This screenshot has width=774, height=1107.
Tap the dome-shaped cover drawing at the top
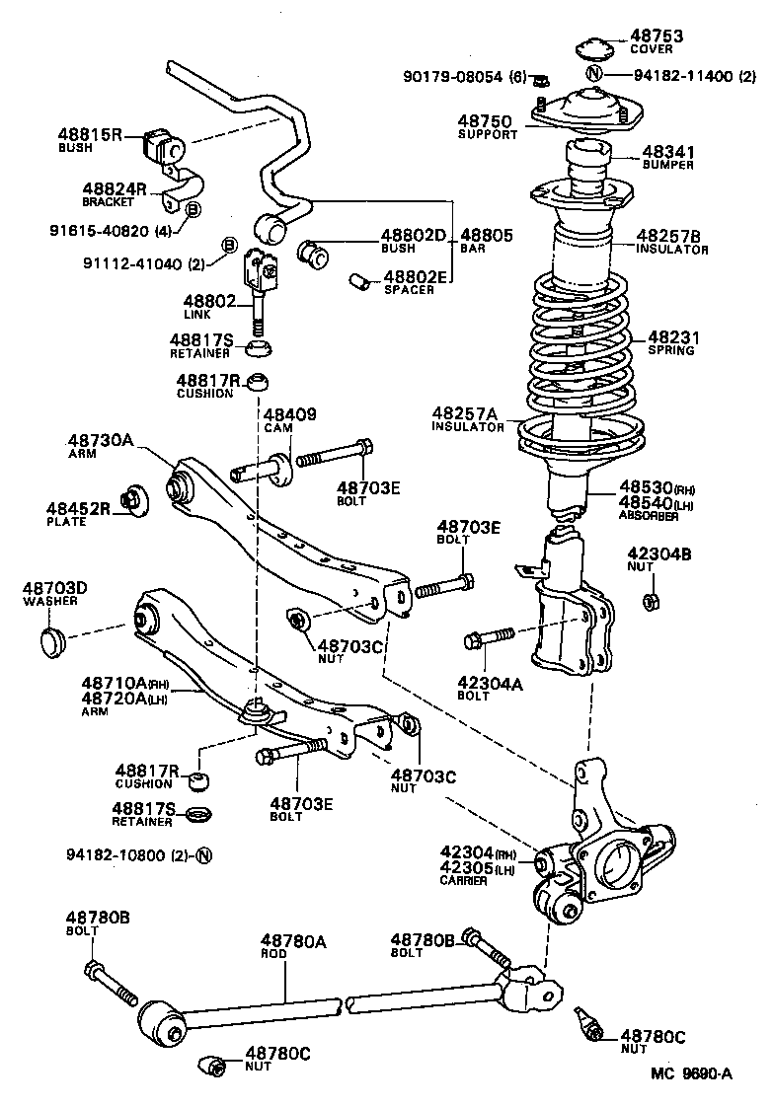click(593, 50)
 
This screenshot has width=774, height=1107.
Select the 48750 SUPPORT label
click(486, 127)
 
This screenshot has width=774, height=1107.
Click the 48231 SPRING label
click(670, 342)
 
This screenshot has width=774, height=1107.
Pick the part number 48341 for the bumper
click(668, 152)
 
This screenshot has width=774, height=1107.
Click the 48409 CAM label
click(289, 420)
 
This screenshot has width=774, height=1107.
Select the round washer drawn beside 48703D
click(51, 642)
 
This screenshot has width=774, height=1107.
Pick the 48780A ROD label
click(292, 947)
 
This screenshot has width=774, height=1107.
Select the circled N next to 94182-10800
click(204, 854)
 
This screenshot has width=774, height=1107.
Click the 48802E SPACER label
click(414, 283)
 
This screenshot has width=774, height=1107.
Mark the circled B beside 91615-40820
click(193, 210)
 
